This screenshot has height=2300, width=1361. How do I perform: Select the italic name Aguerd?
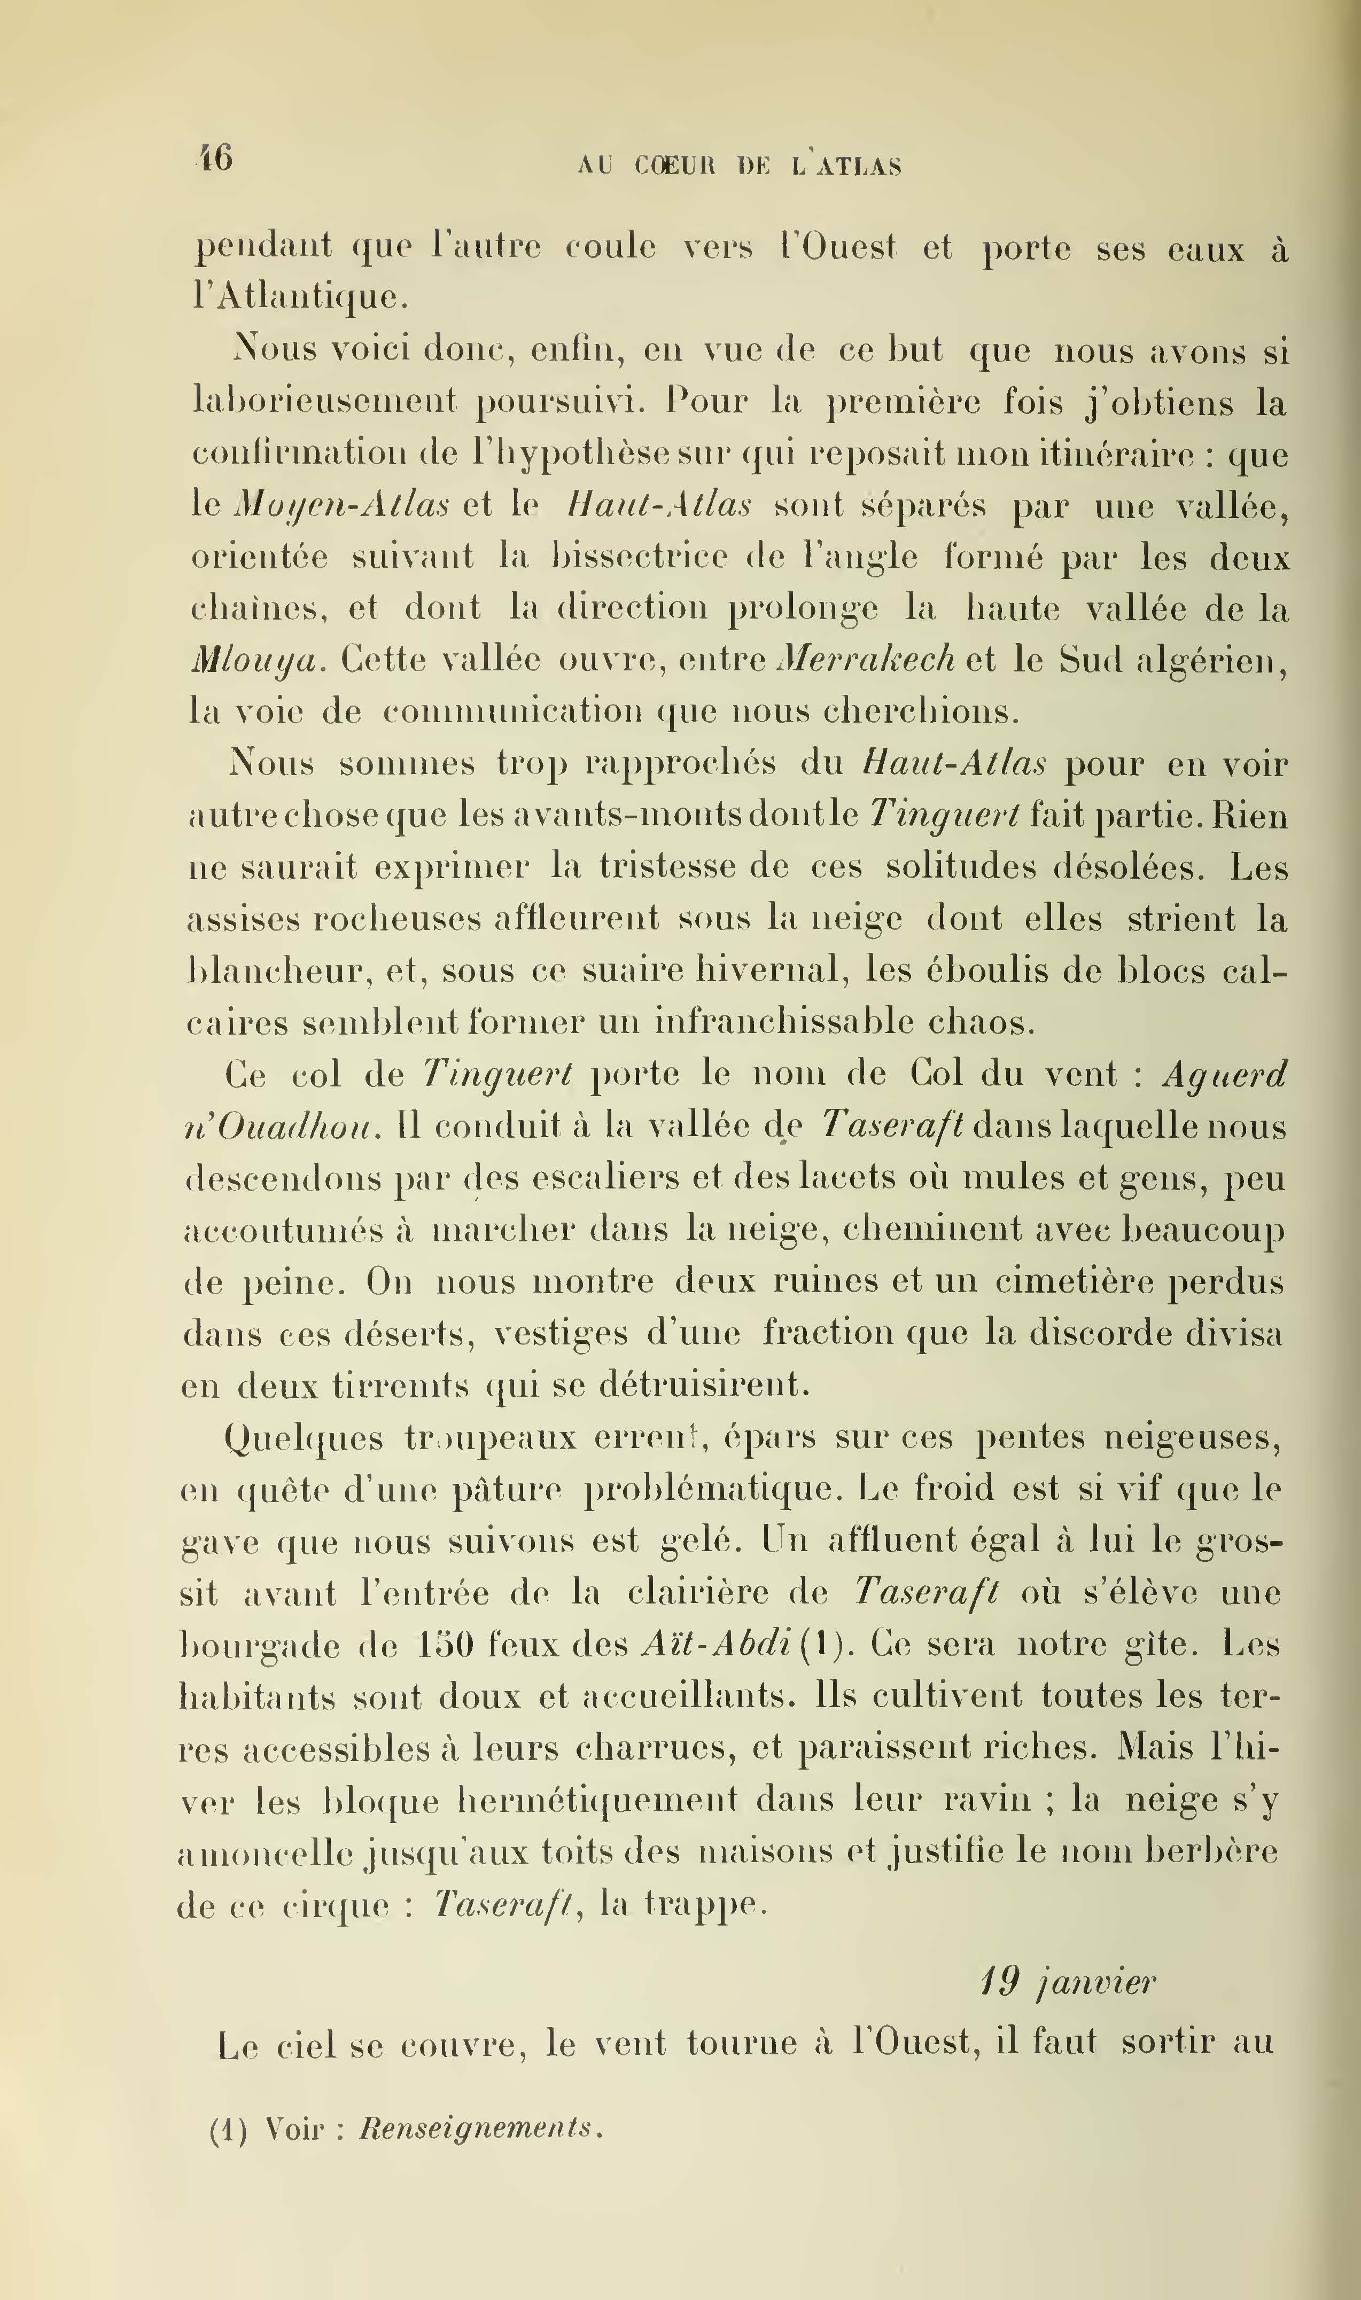click(x=1224, y=1074)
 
